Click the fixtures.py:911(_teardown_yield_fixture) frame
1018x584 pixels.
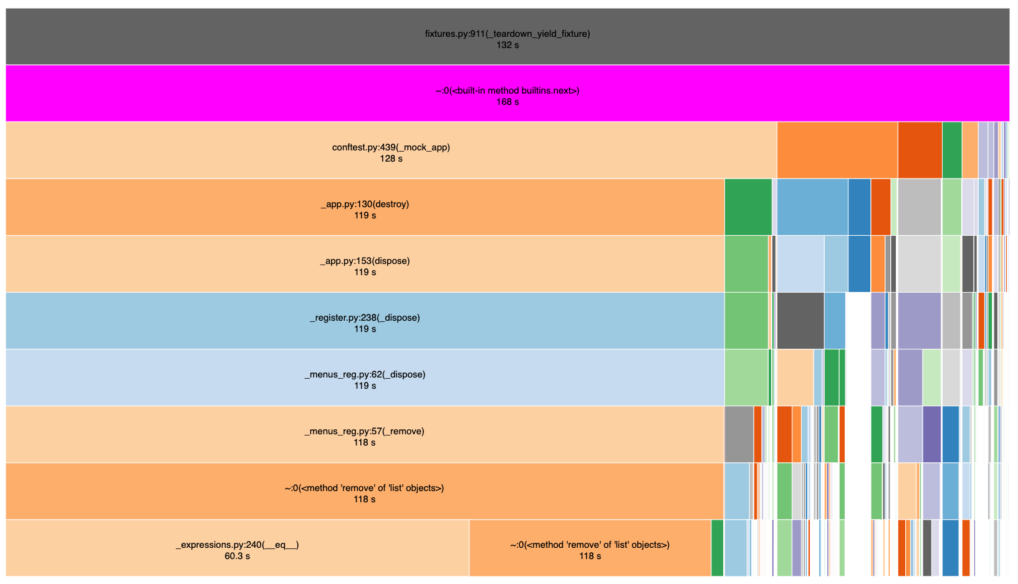coord(507,36)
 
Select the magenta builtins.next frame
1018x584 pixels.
coord(507,93)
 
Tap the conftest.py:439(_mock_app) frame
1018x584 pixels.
coord(391,150)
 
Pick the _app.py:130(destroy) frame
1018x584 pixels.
coord(365,207)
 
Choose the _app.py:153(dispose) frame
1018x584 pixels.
coord(365,264)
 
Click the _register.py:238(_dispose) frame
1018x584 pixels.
coord(365,321)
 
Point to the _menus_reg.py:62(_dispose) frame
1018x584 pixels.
coord(365,377)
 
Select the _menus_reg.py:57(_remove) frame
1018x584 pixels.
coord(365,434)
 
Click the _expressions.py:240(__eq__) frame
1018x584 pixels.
coord(238,548)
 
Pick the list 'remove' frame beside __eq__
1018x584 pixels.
coord(590,548)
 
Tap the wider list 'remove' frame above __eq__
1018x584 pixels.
coord(365,491)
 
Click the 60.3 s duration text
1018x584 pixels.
coord(238,557)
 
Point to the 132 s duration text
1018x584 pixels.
coord(507,45)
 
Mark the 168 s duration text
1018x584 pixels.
coord(507,102)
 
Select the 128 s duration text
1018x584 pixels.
coord(391,158)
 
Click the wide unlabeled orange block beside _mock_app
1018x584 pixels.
coord(837,150)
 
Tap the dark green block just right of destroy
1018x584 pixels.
coord(748,207)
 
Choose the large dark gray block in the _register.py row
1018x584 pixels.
coord(800,321)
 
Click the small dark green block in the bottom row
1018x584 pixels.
coord(717,548)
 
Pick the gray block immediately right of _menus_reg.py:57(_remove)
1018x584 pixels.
coord(739,434)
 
